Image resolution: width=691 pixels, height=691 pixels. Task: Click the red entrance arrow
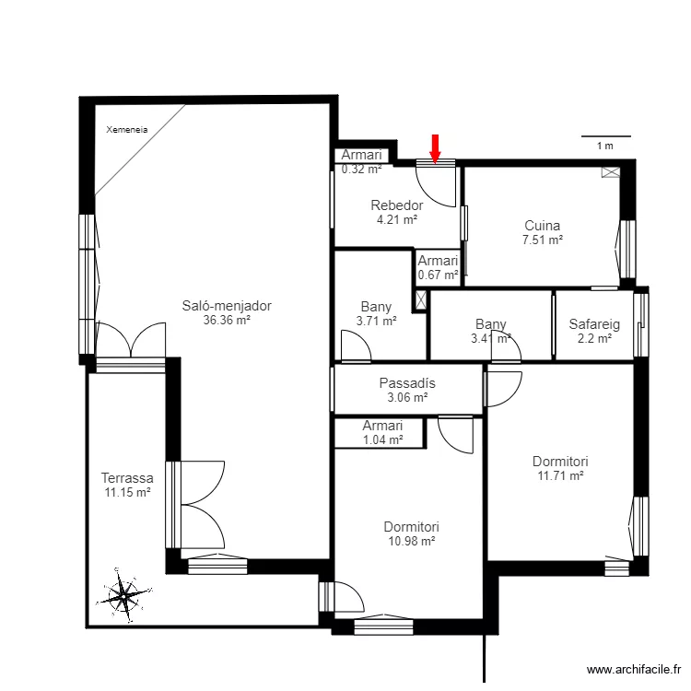click(x=435, y=149)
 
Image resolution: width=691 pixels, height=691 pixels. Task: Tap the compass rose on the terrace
click(x=124, y=595)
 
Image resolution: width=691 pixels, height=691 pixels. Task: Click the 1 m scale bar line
click(x=606, y=136)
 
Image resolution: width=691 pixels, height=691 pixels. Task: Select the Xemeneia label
click(x=127, y=130)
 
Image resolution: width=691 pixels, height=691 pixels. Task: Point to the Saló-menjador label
click(x=227, y=305)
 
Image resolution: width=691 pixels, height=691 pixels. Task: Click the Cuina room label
click(x=542, y=226)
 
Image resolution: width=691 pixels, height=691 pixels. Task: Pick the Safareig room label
click(x=594, y=324)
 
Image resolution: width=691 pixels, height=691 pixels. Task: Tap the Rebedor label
click(x=396, y=205)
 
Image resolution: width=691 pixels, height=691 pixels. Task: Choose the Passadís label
click(x=407, y=383)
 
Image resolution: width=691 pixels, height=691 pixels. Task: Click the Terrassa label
click(x=127, y=477)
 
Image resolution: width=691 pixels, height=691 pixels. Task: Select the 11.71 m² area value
click(x=560, y=476)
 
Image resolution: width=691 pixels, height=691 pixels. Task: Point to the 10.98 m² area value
click(x=412, y=541)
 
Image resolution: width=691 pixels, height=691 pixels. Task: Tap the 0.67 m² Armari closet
click(x=438, y=267)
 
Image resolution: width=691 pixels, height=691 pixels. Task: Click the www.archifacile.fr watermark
click(x=634, y=671)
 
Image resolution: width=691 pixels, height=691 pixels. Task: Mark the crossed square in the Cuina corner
click(x=611, y=172)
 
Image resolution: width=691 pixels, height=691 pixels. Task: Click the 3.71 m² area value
click(x=376, y=322)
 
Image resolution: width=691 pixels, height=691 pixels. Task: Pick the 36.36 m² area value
click(x=227, y=320)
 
